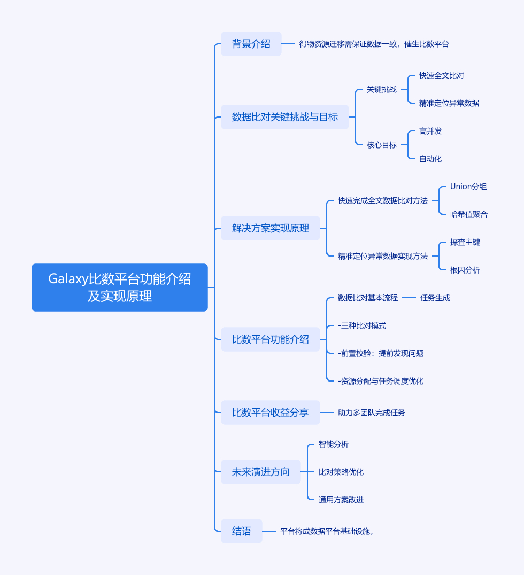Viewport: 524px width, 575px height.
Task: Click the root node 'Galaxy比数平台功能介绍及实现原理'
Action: point(119,287)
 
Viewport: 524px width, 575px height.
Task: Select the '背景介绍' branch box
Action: point(251,44)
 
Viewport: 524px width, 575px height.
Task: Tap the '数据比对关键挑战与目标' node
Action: point(284,117)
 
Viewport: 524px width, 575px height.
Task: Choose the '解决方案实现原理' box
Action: point(270,228)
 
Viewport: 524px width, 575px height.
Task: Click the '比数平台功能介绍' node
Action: point(270,339)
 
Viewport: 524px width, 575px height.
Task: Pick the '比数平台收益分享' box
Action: point(270,413)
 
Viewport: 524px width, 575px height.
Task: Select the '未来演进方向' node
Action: point(260,472)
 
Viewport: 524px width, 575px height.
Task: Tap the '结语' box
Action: point(241,531)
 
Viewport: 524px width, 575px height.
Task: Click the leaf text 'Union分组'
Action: point(468,187)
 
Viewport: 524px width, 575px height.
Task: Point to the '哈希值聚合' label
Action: point(468,214)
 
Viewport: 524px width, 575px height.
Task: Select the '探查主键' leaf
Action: point(465,242)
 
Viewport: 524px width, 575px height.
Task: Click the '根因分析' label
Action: point(465,270)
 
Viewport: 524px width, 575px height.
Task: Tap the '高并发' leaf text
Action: point(430,131)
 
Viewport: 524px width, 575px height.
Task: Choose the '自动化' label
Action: point(430,159)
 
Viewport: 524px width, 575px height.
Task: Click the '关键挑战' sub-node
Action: point(381,89)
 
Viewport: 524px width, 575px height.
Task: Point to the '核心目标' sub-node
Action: point(381,145)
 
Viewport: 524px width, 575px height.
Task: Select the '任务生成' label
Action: point(435,298)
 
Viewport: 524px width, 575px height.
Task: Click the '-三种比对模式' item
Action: point(362,325)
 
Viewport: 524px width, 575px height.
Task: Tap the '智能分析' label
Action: point(333,444)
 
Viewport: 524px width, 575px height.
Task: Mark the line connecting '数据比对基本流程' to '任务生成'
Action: point(409,298)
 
